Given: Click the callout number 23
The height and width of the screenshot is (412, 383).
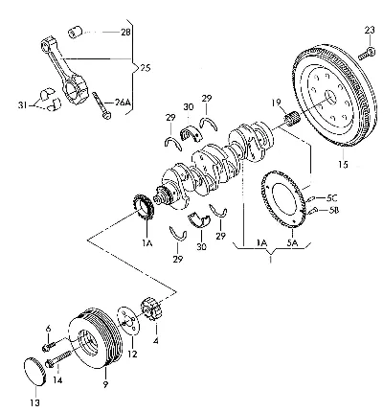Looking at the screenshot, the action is (x=370, y=31).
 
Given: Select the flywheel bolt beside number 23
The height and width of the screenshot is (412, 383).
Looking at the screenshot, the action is (x=367, y=54).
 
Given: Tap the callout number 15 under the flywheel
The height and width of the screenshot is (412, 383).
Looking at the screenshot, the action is (x=343, y=164).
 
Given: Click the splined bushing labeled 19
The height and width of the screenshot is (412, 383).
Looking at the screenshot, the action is (x=291, y=118).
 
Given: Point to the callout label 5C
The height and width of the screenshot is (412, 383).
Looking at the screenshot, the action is (x=331, y=198).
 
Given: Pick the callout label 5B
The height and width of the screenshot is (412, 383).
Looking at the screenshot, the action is (x=332, y=210).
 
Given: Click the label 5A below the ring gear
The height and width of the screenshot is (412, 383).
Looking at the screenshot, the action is (x=292, y=243).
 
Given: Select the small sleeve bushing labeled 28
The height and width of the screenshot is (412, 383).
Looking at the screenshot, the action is (x=76, y=32).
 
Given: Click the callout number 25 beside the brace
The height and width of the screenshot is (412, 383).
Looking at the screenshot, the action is (x=145, y=68).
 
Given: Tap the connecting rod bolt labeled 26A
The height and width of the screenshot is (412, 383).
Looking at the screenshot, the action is (x=101, y=105).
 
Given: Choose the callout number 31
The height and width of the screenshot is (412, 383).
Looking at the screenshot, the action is (x=23, y=104).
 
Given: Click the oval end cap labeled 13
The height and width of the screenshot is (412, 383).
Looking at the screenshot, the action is (x=34, y=372).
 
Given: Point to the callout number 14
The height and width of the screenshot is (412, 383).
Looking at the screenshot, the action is (x=57, y=380).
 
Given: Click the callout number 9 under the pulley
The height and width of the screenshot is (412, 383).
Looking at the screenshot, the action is (x=105, y=384).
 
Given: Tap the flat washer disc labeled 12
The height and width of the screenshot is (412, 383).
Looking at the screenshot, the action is (x=128, y=321).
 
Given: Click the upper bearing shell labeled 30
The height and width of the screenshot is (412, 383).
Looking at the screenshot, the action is (x=191, y=133).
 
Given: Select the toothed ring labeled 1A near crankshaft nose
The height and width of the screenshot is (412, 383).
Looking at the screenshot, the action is (x=144, y=208).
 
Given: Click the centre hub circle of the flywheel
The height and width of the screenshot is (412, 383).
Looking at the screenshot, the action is (x=331, y=96).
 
